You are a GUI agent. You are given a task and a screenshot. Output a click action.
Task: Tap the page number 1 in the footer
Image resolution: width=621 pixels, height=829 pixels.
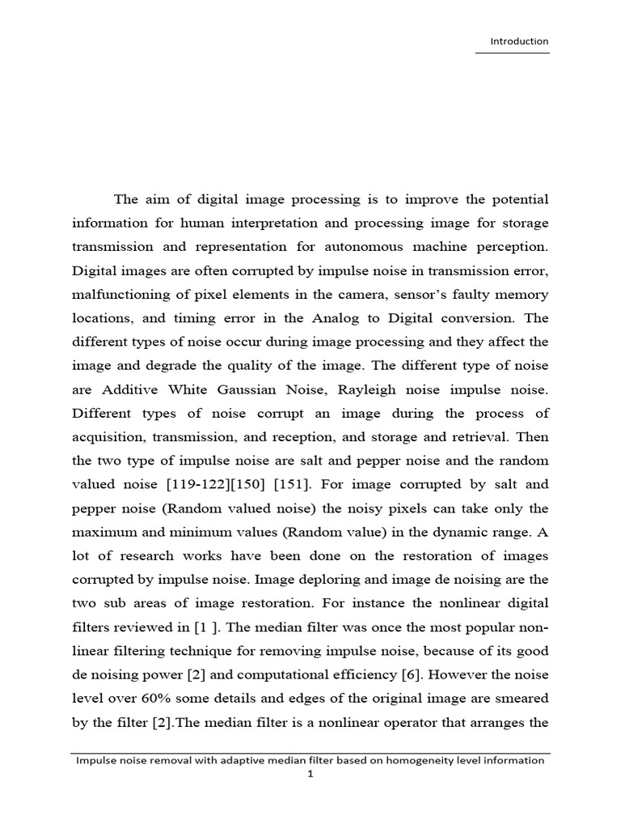pyautogui.click(x=310, y=775)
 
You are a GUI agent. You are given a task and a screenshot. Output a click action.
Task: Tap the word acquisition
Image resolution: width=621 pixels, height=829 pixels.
pyautogui.click(x=108, y=438)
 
